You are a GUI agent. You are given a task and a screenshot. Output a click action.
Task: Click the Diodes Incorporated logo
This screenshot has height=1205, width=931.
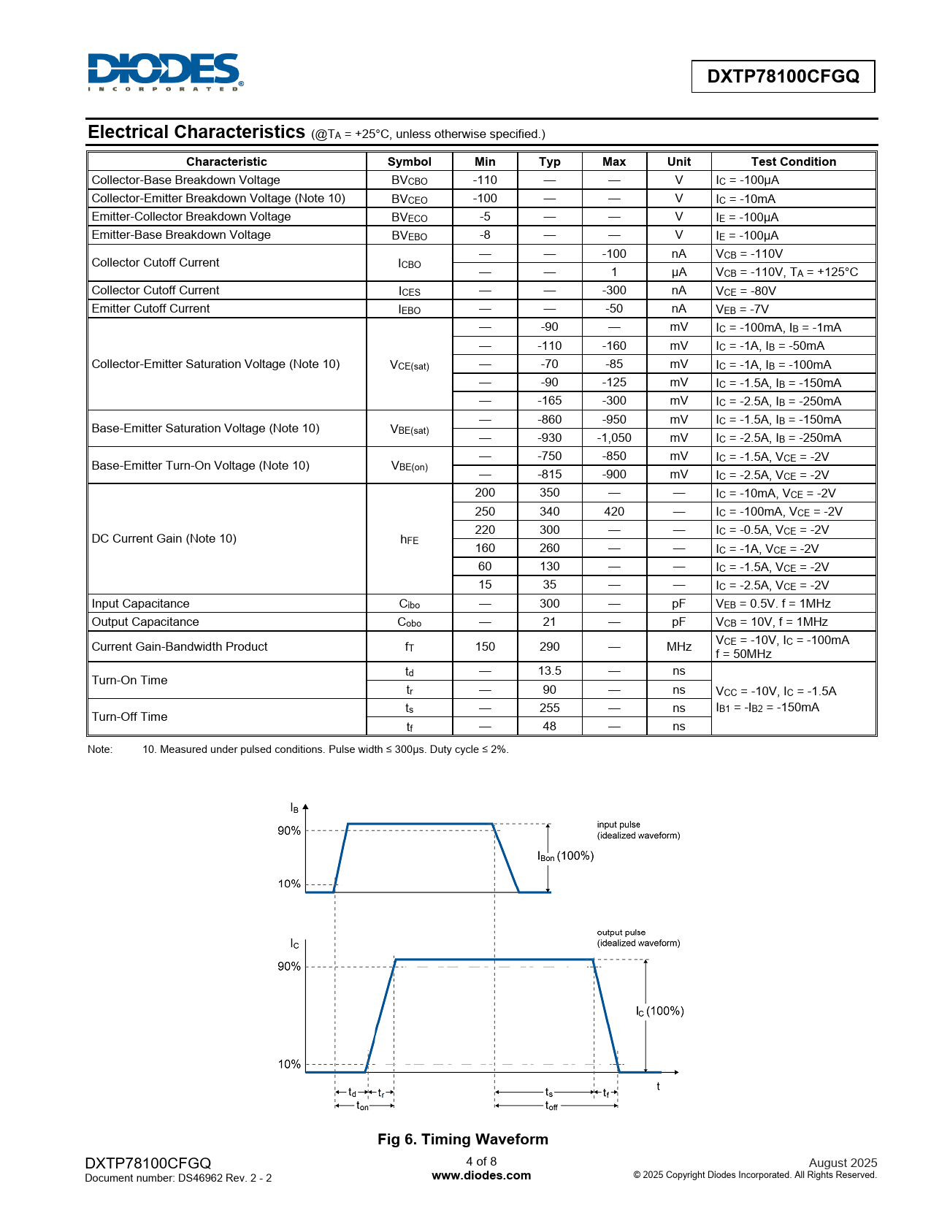[165, 72]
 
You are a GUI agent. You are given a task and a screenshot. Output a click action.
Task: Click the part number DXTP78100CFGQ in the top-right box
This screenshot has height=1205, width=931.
[783, 77]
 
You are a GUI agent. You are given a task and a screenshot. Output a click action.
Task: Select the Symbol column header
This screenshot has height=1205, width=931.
[409, 161]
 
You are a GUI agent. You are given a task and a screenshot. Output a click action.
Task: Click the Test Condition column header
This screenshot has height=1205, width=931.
[793, 161]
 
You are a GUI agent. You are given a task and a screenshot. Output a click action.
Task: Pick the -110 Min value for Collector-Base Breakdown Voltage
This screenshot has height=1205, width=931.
[485, 180]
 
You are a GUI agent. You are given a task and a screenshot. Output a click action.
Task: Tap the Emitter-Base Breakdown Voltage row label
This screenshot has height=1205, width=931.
[181, 234]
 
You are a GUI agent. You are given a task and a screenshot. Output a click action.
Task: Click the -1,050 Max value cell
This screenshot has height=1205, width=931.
[614, 437]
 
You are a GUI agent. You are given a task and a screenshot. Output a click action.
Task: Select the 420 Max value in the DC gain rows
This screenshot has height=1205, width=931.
[614, 511]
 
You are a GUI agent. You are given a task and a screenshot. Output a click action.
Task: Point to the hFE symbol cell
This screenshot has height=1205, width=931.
[409, 539]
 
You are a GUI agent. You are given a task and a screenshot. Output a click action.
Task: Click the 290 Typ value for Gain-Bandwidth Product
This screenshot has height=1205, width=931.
[549, 646]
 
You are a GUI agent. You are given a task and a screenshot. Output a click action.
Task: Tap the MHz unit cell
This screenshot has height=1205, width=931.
[678, 646]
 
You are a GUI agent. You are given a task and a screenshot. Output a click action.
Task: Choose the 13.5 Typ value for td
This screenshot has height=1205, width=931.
[549, 670]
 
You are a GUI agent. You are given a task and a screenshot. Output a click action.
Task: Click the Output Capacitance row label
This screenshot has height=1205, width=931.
[145, 621]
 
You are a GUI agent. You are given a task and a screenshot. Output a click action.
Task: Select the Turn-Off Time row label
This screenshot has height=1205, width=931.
[129, 716]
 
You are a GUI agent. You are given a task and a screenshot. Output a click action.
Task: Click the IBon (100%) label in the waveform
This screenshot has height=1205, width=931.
[565, 856]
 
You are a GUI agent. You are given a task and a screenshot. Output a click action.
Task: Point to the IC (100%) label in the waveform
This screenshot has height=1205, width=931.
[659, 1011]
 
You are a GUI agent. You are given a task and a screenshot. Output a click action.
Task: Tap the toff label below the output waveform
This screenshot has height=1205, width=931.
[551, 1106]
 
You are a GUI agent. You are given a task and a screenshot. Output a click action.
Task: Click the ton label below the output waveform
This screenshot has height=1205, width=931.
[362, 1106]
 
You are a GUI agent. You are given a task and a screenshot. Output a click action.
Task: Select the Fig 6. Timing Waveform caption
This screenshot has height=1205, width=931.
[462, 1139]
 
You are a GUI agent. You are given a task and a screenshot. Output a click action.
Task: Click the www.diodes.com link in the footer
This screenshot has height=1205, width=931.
[481, 1176]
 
